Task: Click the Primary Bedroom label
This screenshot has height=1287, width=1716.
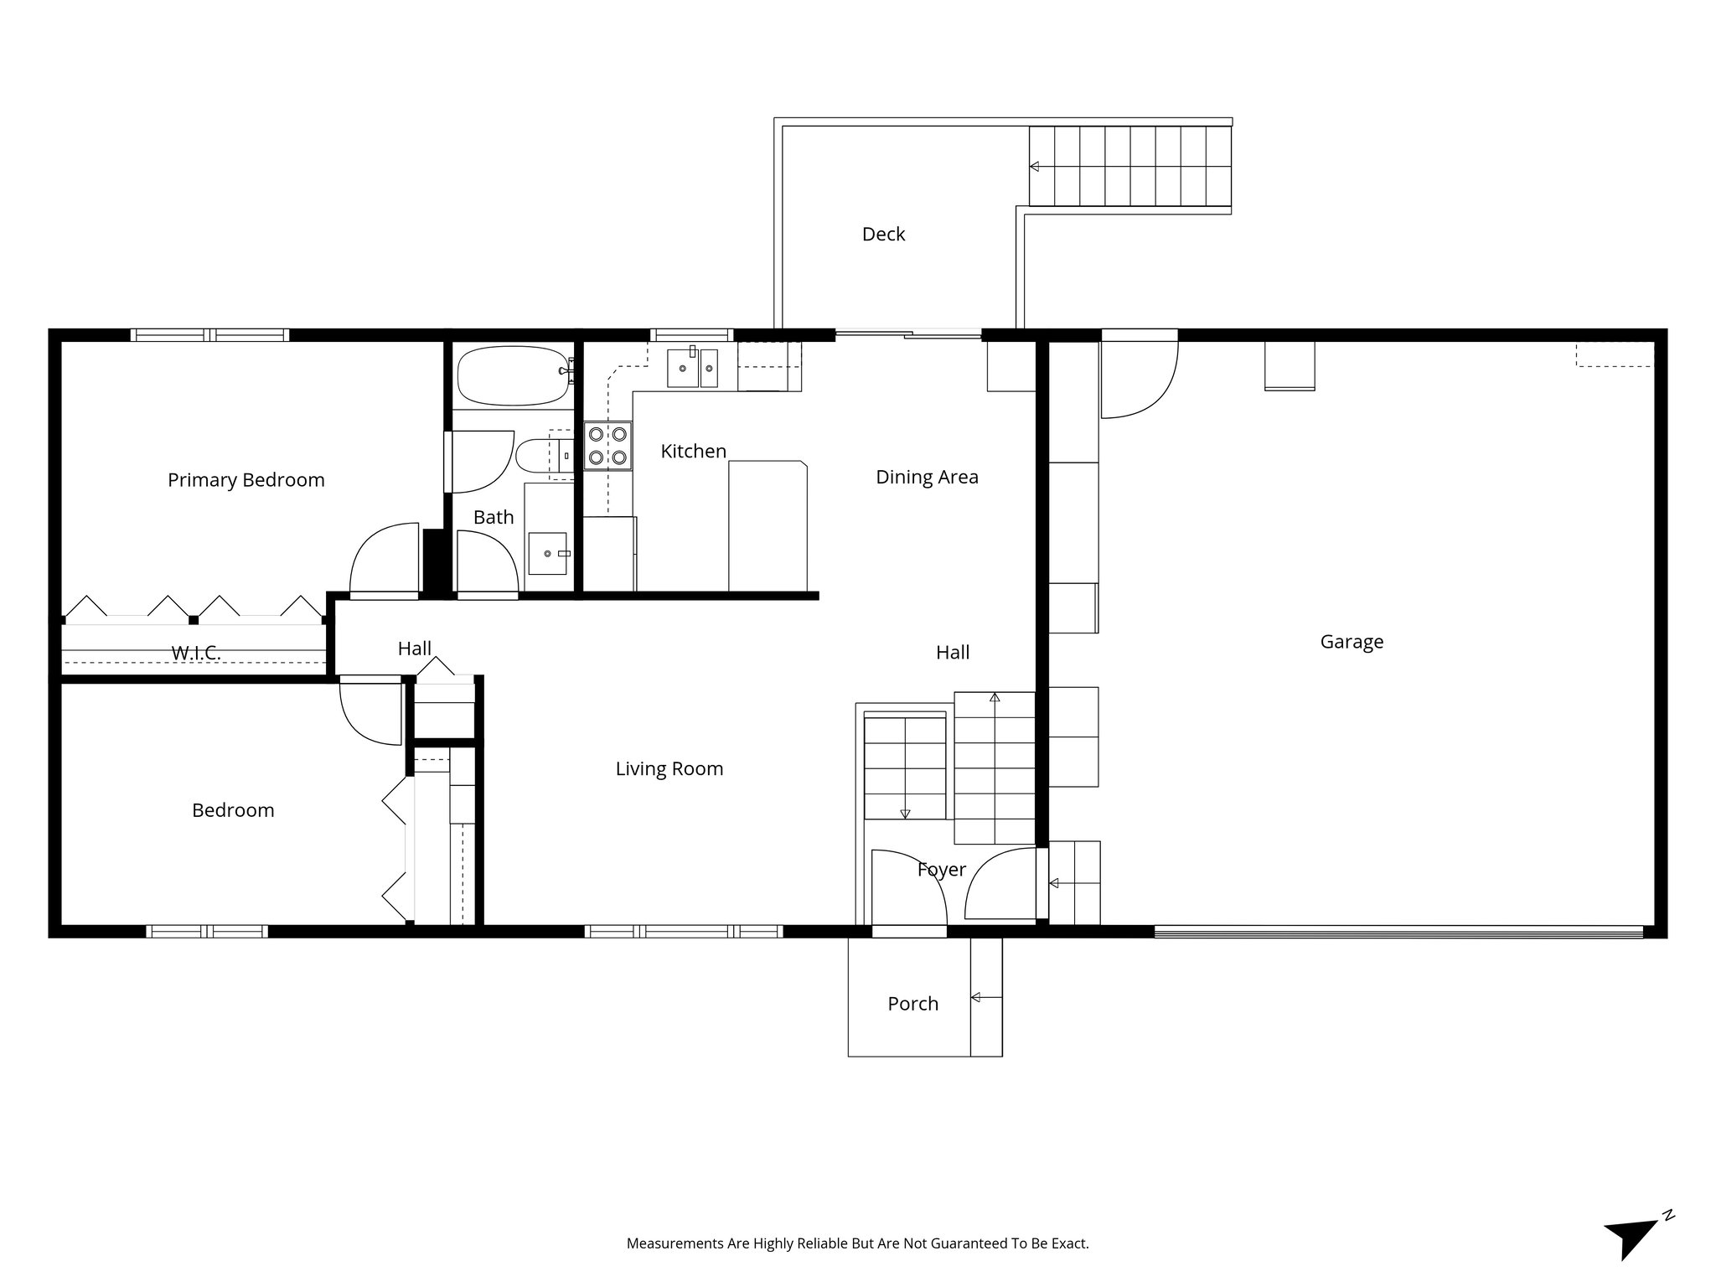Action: click(x=246, y=480)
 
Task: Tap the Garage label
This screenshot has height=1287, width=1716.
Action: click(x=1352, y=642)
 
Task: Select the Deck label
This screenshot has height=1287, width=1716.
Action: click(x=883, y=235)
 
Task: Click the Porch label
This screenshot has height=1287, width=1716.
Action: click(x=912, y=1004)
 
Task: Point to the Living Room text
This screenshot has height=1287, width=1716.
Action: click(x=669, y=769)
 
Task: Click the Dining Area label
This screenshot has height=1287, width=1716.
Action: click(x=927, y=478)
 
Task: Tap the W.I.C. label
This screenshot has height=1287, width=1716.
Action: click(x=196, y=654)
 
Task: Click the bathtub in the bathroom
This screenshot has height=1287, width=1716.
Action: click(x=513, y=375)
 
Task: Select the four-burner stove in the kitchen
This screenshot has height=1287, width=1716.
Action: click(x=607, y=446)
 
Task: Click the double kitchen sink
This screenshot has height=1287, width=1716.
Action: click(x=692, y=369)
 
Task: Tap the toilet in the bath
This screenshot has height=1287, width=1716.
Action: click(x=536, y=457)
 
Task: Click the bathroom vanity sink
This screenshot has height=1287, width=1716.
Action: click(x=547, y=554)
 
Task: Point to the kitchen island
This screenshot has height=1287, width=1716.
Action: click(x=768, y=526)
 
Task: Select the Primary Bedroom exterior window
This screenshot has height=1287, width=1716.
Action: click(x=209, y=335)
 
